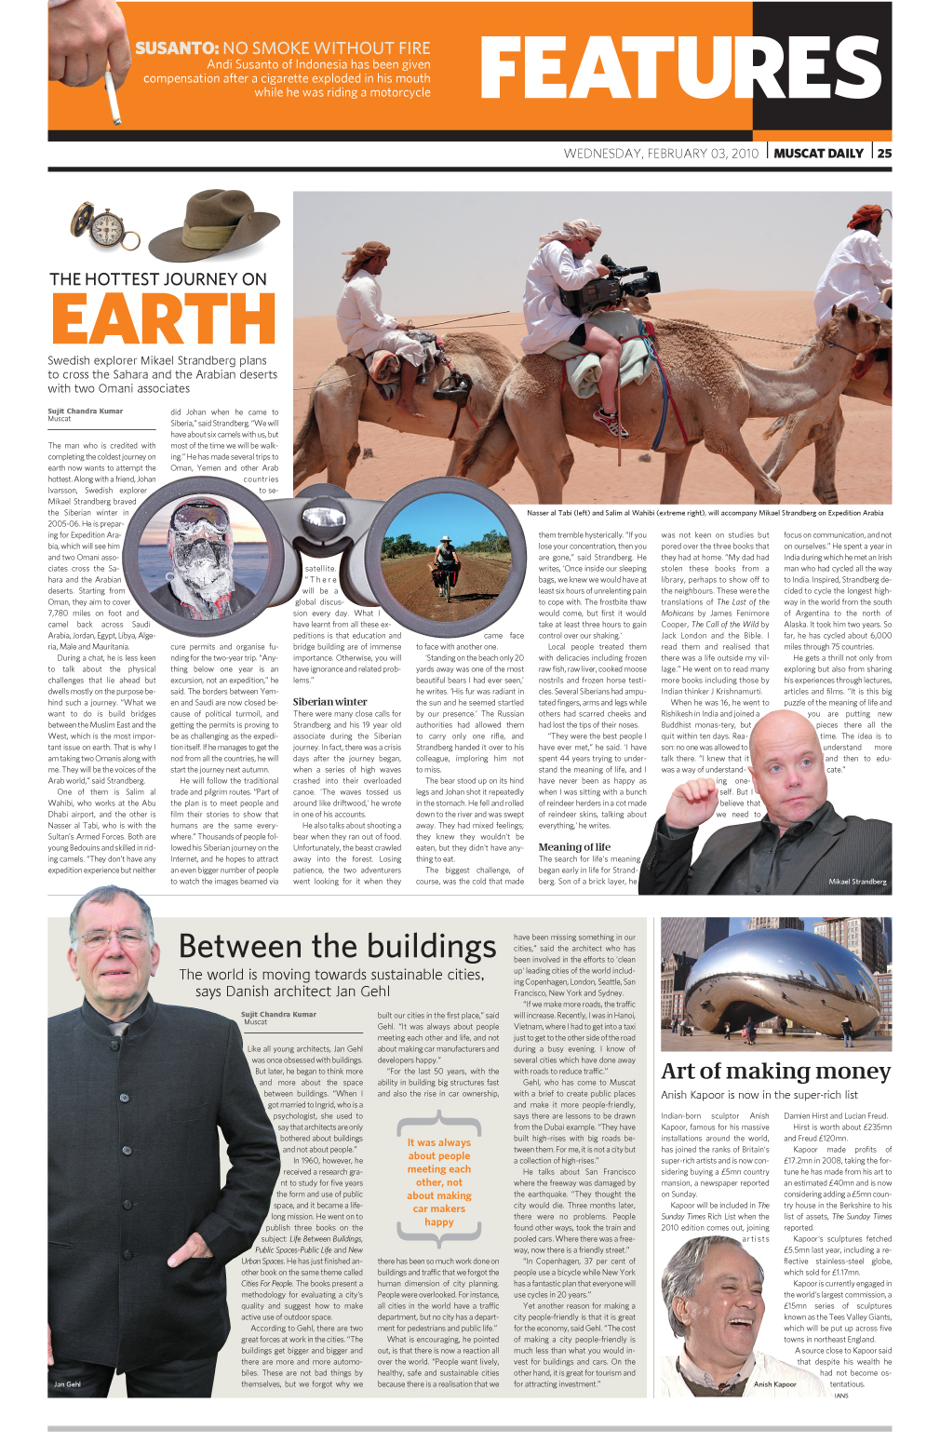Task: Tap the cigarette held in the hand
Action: pos(113,97)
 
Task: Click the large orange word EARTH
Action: pos(164,318)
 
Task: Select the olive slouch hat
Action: pos(215,226)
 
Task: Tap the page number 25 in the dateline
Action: pos(883,154)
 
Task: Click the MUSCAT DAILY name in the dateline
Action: pos(818,154)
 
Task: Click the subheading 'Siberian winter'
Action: pos(329,701)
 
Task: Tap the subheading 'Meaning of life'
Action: pos(574,846)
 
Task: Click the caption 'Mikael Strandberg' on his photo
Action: pos(857,881)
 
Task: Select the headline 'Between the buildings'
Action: pos(337,946)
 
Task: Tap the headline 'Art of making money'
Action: pos(775,1071)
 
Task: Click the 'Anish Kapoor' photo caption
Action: pos(774,1383)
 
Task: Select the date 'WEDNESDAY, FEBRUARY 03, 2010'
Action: pos(661,154)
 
